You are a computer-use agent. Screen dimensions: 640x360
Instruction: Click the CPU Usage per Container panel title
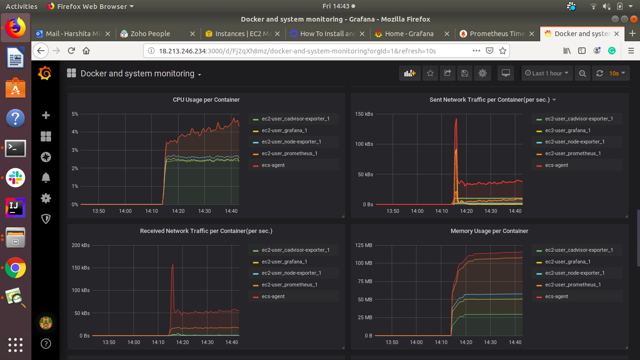click(x=206, y=100)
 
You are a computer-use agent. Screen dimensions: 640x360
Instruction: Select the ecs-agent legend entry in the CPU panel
click(x=273, y=165)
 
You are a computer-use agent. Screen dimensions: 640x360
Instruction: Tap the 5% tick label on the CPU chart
click(x=75, y=114)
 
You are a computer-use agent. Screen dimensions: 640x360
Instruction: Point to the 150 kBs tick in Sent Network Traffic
click(x=364, y=114)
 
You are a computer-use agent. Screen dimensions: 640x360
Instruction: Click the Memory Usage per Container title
click(x=489, y=231)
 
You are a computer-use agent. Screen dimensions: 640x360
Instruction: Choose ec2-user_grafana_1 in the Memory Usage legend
click(x=567, y=262)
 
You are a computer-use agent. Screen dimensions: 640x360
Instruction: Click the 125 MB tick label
click(x=364, y=245)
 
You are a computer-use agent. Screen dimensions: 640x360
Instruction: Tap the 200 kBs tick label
click(x=81, y=245)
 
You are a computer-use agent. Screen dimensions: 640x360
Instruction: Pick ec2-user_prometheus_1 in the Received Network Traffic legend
click(x=290, y=285)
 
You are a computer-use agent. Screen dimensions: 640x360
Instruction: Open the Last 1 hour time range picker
click(x=547, y=74)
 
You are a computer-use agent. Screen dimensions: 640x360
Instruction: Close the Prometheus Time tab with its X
click(x=532, y=34)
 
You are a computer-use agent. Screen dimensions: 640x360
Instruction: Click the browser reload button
click(x=71, y=51)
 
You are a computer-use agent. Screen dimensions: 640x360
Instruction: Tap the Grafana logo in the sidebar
click(x=45, y=74)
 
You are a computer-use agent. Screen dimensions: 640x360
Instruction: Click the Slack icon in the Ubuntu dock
click(x=15, y=178)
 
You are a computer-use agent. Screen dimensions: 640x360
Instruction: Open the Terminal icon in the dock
click(x=15, y=148)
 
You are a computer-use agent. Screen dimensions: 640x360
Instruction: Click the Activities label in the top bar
click(x=22, y=6)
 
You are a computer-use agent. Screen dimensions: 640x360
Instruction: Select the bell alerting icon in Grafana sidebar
click(x=46, y=178)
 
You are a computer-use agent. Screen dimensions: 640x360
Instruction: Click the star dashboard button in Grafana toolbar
click(x=430, y=74)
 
